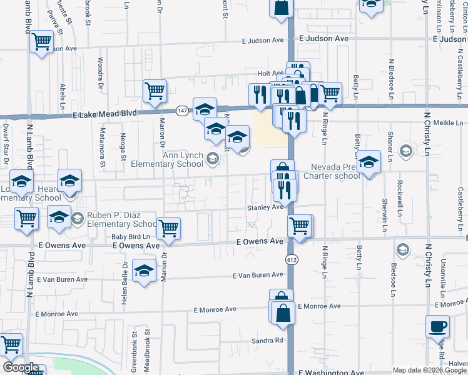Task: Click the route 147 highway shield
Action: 182,111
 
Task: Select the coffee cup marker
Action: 437,326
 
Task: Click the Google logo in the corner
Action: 21,367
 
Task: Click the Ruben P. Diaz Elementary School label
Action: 121,219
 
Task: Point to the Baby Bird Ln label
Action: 131,236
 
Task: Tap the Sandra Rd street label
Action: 268,341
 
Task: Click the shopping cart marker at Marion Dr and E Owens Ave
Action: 168,229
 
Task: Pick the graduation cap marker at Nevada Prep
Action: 369,162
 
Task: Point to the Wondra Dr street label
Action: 100,72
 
